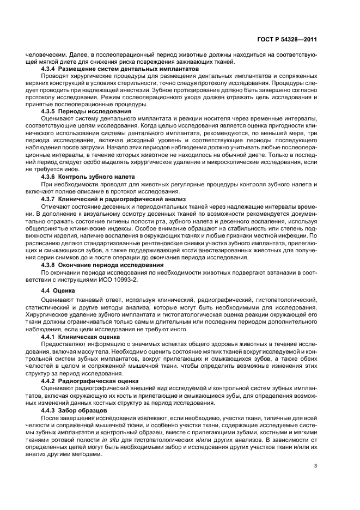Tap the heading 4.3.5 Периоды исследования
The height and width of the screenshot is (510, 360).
(87, 111)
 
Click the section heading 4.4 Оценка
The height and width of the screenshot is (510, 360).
(60, 291)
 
